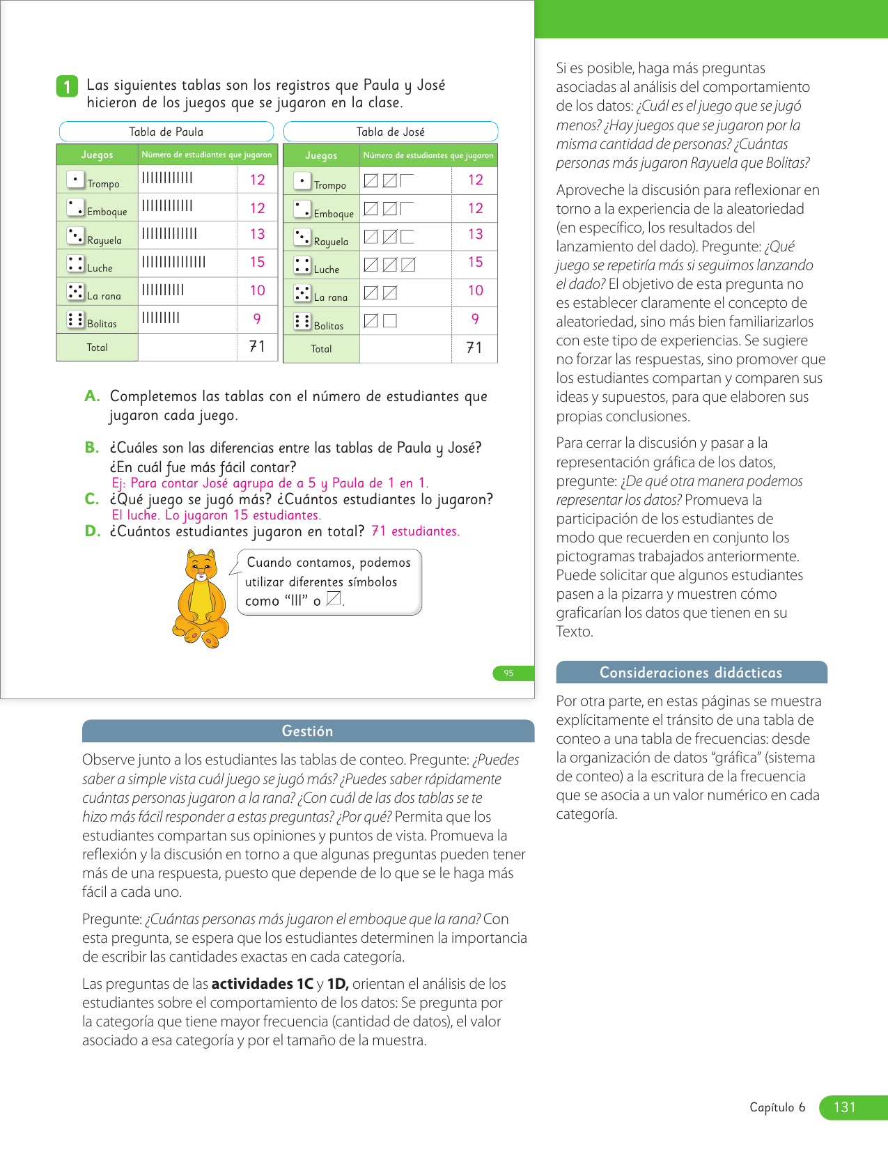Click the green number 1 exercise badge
[67, 86]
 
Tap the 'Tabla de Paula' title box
[166, 132]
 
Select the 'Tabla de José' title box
[390, 132]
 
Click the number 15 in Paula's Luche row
[258, 263]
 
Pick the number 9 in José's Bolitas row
[475, 319]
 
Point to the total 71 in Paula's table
[257, 347]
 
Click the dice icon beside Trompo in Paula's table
[75, 179]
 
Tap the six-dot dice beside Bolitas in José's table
[302, 321]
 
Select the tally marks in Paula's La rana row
[163, 290]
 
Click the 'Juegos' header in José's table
[321, 156]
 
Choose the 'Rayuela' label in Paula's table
[104, 240]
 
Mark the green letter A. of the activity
[92, 396]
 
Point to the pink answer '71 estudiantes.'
[415, 531]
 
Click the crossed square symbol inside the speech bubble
[334, 598]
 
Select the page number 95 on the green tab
[509, 673]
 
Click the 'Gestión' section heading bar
[308, 731]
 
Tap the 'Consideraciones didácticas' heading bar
[691, 673]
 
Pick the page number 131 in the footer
[844, 1107]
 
